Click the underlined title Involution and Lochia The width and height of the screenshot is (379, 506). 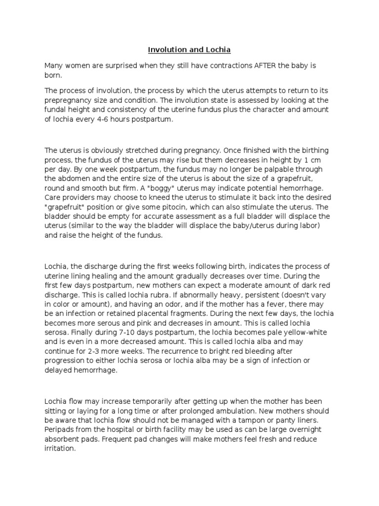click(189, 50)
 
